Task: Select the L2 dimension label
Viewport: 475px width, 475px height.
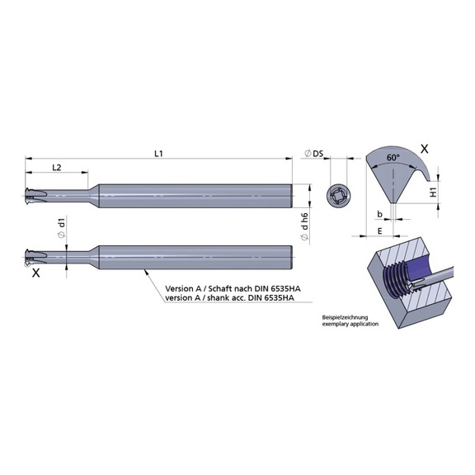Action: tap(57, 168)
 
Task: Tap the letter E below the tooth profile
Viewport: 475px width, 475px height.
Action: tap(379, 231)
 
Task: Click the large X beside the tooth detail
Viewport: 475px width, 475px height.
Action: tap(425, 149)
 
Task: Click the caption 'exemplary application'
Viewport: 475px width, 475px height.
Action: tap(350, 325)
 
